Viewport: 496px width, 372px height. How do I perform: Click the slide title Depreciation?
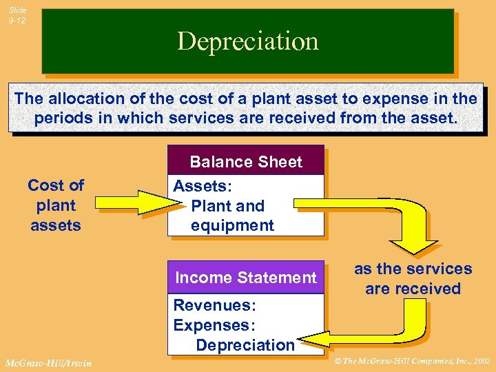pyautogui.click(x=248, y=41)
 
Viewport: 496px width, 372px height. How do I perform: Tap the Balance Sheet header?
pyautogui.click(x=246, y=162)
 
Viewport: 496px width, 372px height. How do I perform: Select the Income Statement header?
pyautogui.click(x=246, y=278)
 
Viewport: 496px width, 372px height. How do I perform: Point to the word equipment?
pyautogui.click(x=232, y=225)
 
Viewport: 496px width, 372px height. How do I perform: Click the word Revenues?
pyautogui.click(x=204, y=305)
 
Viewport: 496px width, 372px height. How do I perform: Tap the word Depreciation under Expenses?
pyautogui.click(x=245, y=344)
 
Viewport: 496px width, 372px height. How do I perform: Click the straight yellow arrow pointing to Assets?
pyautogui.click(x=135, y=202)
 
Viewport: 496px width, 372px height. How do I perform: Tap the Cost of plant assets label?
pyautogui.click(x=56, y=205)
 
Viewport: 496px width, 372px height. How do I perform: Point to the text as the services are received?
pyautogui.click(x=413, y=278)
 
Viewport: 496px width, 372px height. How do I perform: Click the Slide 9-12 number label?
pyautogui.click(x=17, y=15)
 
